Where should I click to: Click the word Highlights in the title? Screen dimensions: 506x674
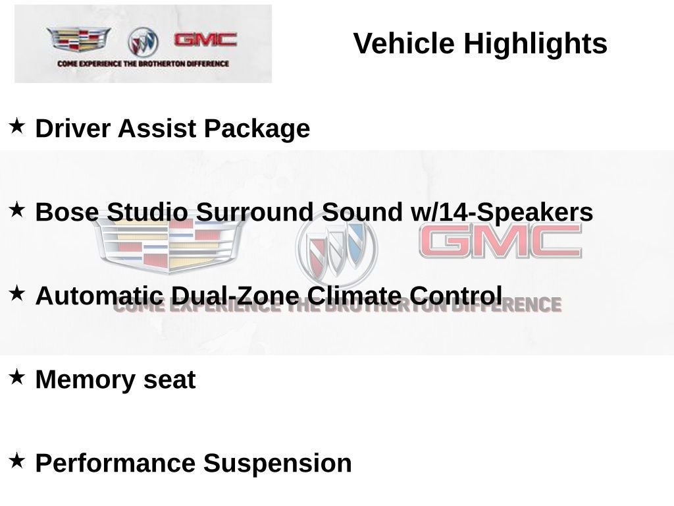[x=535, y=44]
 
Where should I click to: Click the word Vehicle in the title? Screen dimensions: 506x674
[x=404, y=44]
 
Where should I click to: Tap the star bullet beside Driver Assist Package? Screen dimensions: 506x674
[x=17, y=125]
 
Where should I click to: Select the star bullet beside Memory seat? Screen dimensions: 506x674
[x=17, y=377]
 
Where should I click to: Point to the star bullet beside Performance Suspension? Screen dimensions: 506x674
[x=17, y=460]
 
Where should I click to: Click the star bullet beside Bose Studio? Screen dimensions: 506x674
[x=17, y=210]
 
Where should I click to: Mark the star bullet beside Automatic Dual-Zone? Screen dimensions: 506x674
[x=17, y=293]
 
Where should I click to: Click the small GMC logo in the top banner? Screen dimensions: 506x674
[x=205, y=40]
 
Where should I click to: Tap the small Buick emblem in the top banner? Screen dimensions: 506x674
[x=143, y=42]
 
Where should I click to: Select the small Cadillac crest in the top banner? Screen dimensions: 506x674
[x=78, y=40]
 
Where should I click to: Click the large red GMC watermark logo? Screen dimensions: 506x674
[x=500, y=241]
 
